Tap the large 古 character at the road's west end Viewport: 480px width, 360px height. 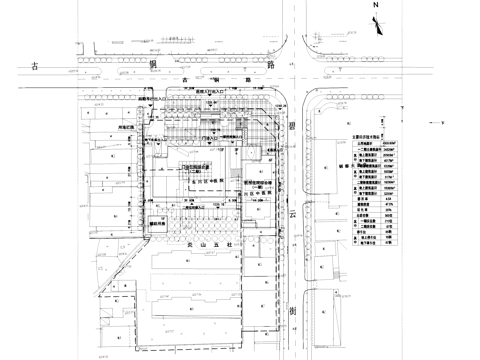coord(34,65)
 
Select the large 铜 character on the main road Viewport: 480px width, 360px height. coord(153,65)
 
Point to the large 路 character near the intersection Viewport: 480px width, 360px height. coord(271,65)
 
